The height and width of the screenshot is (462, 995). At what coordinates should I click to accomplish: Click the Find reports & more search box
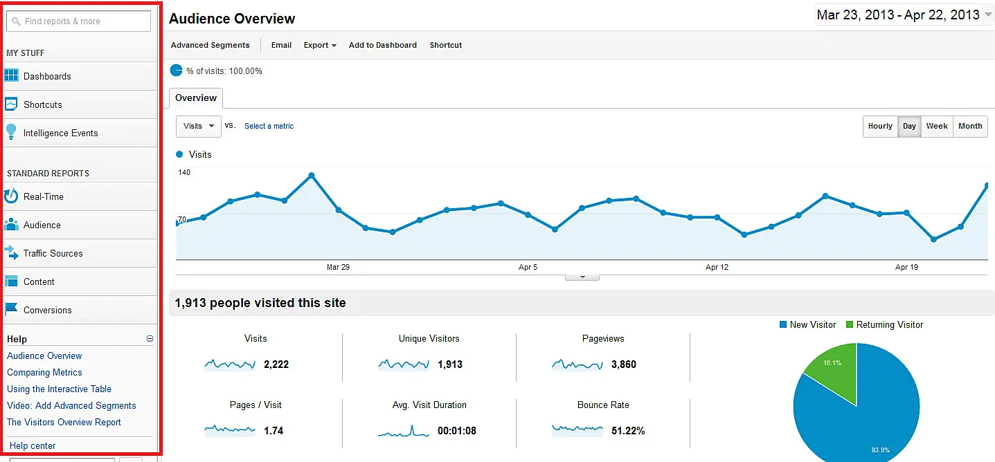click(x=78, y=21)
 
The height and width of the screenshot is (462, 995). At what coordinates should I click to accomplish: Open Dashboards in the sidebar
click(x=47, y=76)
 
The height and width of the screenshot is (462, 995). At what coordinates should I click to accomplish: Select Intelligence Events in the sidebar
click(x=60, y=133)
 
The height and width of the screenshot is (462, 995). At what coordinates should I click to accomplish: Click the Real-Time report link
click(x=43, y=196)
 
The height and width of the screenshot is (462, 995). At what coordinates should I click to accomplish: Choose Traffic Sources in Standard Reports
click(x=53, y=253)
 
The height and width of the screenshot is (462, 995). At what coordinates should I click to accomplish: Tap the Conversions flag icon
click(x=11, y=310)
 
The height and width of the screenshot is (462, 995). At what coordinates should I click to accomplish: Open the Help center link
click(x=33, y=446)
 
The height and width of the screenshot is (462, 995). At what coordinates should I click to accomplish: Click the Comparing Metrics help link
click(x=44, y=372)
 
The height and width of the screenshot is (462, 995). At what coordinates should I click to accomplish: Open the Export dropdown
click(x=320, y=45)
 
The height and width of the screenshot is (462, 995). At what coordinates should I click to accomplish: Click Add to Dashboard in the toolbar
click(x=383, y=45)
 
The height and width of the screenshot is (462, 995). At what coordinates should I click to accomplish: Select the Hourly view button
click(x=880, y=126)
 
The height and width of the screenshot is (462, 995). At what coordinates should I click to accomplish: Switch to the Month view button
click(x=970, y=126)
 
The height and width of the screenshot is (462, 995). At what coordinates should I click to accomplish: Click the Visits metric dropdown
click(x=199, y=126)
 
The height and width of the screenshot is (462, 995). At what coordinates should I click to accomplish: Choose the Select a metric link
click(x=269, y=126)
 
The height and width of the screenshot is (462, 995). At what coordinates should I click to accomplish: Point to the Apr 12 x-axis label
click(x=717, y=267)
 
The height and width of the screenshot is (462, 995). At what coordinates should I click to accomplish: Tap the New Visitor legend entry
click(x=807, y=324)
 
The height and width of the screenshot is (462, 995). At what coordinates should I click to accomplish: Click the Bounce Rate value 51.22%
click(x=628, y=431)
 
